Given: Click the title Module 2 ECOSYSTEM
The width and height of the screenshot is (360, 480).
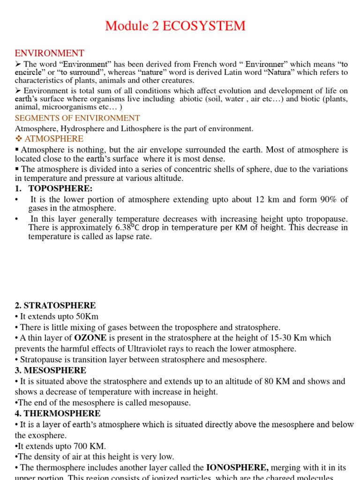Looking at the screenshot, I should click(x=175, y=26).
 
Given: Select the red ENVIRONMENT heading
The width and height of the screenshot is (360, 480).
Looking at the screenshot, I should click(x=50, y=53).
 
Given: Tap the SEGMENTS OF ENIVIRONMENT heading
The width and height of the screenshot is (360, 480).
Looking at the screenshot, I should click(x=77, y=118).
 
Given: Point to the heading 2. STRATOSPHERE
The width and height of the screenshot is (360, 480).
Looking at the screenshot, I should click(x=55, y=306).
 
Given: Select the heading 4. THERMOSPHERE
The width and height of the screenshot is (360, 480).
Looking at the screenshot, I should click(x=58, y=413).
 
